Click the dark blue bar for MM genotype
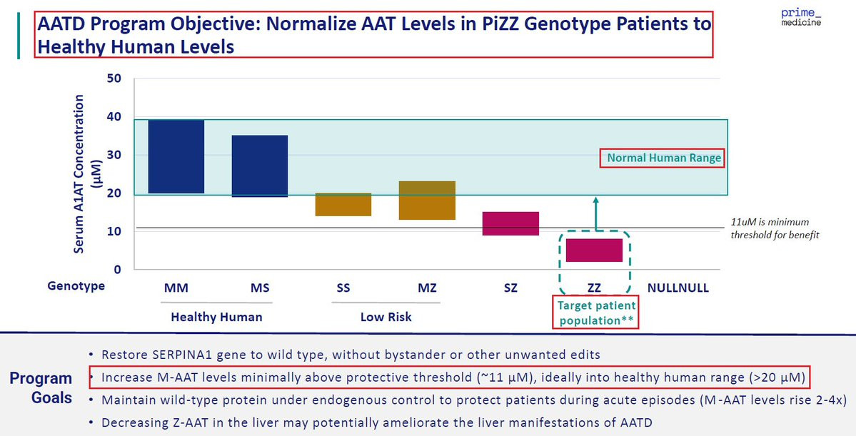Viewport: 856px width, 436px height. pyautogui.click(x=176, y=156)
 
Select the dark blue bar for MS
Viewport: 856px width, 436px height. pyautogui.click(x=259, y=166)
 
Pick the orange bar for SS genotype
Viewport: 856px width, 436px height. pyautogui.click(x=343, y=204)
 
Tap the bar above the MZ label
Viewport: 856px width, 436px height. pyautogui.click(x=427, y=200)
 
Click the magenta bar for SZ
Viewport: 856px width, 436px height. pyautogui.click(x=510, y=223)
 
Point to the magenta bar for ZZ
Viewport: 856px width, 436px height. pyautogui.click(x=594, y=250)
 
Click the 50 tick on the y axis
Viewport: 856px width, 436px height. pyautogui.click(x=114, y=78)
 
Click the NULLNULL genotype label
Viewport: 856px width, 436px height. pyautogui.click(x=678, y=288)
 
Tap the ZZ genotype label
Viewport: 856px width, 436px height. pyautogui.click(x=594, y=288)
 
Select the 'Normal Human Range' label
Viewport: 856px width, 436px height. pyautogui.click(x=661, y=158)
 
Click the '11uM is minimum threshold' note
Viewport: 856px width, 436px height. pyautogui.click(x=775, y=228)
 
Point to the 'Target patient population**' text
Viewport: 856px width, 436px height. pyautogui.click(x=595, y=313)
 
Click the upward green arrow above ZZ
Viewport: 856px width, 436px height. pyautogui.click(x=597, y=214)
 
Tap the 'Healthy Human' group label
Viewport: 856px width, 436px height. pyautogui.click(x=216, y=317)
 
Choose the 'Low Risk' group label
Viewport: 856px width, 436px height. pyautogui.click(x=386, y=317)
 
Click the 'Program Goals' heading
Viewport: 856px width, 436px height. pyautogui.click(x=41, y=387)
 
